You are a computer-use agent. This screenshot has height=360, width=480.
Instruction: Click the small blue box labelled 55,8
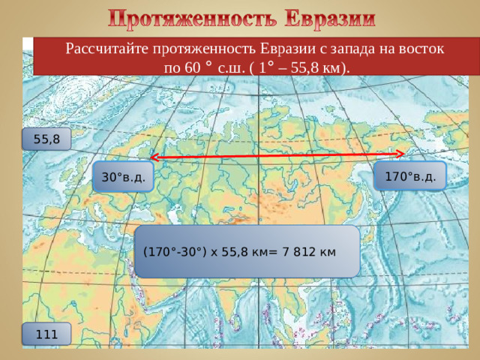coord(46,139)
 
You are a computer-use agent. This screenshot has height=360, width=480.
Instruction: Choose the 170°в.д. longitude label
coord(409,177)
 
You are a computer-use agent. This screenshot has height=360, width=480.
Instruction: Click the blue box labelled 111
coord(46,334)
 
